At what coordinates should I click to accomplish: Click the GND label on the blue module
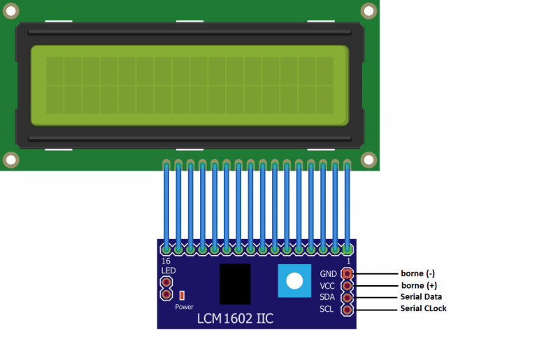(x=328, y=274)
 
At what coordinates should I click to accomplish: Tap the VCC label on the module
(x=327, y=286)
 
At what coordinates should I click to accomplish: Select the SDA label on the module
(x=327, y=297)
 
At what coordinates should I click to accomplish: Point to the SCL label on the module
(x=327, y=309)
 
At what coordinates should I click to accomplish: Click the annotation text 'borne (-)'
(x=418, y=273)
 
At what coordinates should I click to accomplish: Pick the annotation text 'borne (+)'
(x=419, y=285)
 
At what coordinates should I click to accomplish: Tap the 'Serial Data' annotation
(x=421, y=296)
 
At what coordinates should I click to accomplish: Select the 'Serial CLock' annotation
(x=423, y=308)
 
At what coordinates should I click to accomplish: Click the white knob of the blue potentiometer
(x=294, y=281)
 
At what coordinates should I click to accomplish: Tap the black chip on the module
(x=235, y=284)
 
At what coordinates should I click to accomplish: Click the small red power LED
(x=182, y=295)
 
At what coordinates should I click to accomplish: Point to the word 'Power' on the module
(x=185, y=307)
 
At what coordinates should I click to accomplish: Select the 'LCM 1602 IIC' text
(x=235, y=319)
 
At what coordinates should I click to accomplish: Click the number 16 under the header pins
(x=166, y=261)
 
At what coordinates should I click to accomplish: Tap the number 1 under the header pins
(x=348, y=261)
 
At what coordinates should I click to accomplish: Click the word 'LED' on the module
(x=168, y=271)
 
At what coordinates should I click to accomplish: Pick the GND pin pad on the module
(x=347, y=274)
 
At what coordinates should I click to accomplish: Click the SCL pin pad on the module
(x=347, y=310)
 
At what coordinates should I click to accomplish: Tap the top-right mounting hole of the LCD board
(x=369, y=11)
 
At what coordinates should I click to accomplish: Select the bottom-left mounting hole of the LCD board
(x=11, y=159)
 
